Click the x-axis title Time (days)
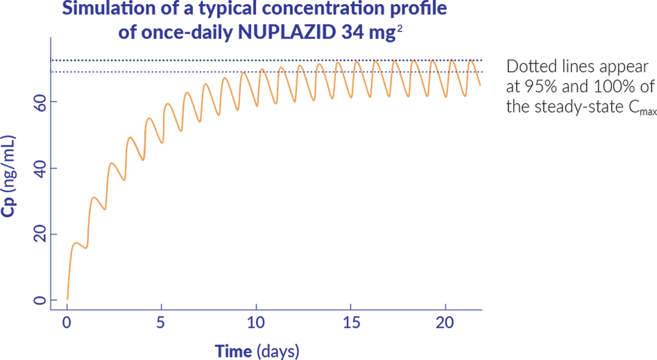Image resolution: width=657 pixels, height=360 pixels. [257, 351]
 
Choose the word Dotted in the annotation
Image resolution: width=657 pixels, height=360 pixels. [528, 67]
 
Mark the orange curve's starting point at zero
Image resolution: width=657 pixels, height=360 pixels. [67, 299]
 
